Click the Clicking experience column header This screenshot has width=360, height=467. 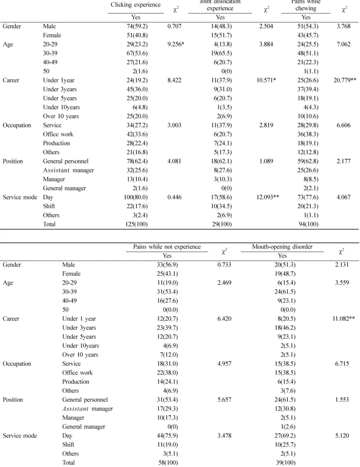[136, 5]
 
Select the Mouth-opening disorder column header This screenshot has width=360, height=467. [282, 247]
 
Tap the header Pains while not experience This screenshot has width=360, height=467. [167, 247]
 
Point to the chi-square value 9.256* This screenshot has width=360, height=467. [176, 44]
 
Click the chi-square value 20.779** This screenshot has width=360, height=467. [345, 80]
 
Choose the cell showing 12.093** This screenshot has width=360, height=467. [268, 197]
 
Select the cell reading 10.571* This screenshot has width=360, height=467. [266, 80]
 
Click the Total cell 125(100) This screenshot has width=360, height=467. [136, 224]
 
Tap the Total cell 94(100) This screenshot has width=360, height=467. [309, 224]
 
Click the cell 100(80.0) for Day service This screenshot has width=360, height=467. [136, 197]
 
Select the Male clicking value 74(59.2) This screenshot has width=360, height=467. [137, 26]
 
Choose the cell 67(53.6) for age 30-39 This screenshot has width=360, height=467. [137, 53]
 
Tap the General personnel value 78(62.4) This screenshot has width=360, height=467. [137, 161]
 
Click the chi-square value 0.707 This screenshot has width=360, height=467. [174, 26]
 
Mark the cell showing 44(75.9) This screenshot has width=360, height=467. [168, 436]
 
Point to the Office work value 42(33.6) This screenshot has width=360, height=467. [137, 134]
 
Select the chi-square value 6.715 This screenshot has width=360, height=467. [342, 364]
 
